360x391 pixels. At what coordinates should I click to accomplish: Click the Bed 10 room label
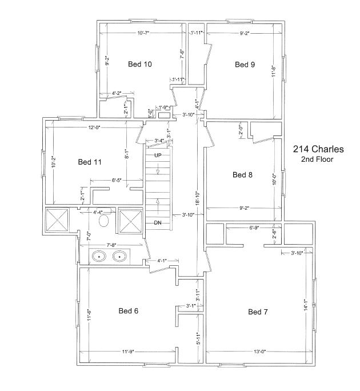click(140, 64)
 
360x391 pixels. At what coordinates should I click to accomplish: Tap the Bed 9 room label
click(245, 65)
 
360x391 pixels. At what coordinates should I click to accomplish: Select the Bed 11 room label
click(90, 162)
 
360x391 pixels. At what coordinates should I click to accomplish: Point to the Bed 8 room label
click(242, 174)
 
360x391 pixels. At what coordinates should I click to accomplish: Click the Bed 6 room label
click(128, 311)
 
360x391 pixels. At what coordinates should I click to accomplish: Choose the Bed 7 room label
click(258, 312)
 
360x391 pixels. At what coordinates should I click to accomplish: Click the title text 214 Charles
click(318, 149)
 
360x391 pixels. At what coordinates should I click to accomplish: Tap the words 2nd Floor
click(317, 159)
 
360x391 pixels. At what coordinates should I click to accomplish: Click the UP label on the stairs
click(158, 155)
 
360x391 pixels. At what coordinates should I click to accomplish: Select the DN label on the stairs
click(158, 223)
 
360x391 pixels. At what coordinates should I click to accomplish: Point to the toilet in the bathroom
click(104, 221)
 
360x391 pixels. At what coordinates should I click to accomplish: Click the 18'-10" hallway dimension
click(198, 198)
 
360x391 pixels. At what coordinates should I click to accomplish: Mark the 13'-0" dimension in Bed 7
click(260, 352)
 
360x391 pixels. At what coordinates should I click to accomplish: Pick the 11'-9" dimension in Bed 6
click(128, 352)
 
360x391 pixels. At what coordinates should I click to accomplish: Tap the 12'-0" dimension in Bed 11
click(94, 127)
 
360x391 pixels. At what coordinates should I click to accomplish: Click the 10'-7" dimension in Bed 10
click(143, 33)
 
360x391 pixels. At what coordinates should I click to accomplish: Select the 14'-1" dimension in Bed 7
click(306, 305)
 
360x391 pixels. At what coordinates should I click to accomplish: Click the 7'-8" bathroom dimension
click(112, 245)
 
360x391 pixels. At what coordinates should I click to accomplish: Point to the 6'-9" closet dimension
click(254, 228)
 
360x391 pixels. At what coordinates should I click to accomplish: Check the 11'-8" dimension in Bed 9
click(274, 71)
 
